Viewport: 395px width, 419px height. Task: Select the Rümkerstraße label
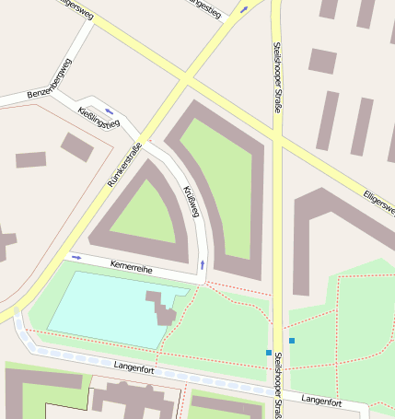coord(125,166)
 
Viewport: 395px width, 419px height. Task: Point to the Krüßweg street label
coord(192,202)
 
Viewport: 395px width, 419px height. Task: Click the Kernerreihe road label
coord(131,267)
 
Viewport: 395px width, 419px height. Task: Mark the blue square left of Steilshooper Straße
coord(269,353)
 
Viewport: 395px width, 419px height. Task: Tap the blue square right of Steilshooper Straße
coord(292,341)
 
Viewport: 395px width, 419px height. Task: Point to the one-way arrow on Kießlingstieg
coord(110,111)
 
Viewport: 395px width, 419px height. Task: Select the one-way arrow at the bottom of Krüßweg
coord(202,265)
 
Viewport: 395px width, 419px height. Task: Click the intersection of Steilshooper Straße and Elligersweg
coord(275,135)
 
